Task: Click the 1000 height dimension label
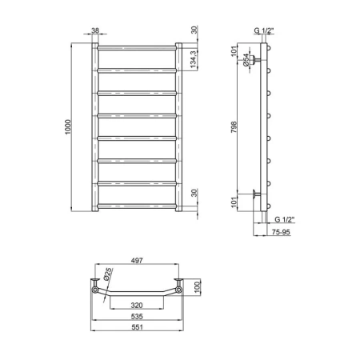coord(69,127)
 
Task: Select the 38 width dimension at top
coord(95,30)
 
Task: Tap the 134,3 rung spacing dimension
coord(194,58)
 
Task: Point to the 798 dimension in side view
coord(234,127)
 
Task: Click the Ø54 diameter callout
coord(246,60)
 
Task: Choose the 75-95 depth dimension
coord(281,232)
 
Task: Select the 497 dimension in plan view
coord(137,261)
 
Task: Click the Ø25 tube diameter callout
coord(107,274)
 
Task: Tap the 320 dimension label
coord(137,305)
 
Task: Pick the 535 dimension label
coord(137,317)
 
